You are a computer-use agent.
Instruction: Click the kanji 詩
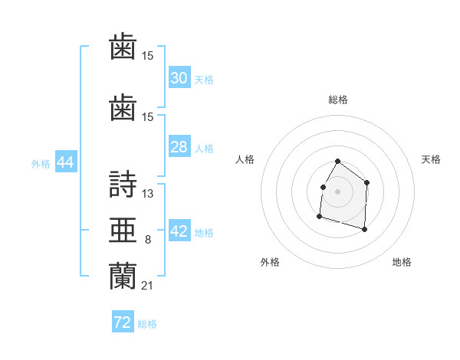coord(123,184)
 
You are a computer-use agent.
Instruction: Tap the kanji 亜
coord(123,230)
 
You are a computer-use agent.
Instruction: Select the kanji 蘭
coord(123,276)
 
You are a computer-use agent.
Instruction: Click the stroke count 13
coord(147,194)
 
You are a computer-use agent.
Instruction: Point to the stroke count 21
coord(147,286)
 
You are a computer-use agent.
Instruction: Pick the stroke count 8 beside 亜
coord(148,240)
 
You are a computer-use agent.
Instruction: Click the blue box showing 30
coord(179,77)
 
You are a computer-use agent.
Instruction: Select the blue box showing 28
coord(179,146)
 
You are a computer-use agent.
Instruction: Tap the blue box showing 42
coord(179,230)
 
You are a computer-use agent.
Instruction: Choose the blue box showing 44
coord(66,162)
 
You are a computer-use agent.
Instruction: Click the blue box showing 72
coord(123,321)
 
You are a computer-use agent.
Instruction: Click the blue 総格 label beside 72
coord(147,324)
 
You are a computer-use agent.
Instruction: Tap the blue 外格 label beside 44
coord(41,164)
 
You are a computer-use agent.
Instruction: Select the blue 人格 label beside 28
coord(204,149)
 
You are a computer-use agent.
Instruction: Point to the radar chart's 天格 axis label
coord(431,159)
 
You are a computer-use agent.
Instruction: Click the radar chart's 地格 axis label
coord(402,262)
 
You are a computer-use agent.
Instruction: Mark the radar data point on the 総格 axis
coord(337,162)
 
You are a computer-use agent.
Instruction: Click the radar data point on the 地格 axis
coord(364,229)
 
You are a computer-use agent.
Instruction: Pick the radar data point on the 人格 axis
coord(324,188)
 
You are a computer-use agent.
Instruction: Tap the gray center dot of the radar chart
coord(337,191)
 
